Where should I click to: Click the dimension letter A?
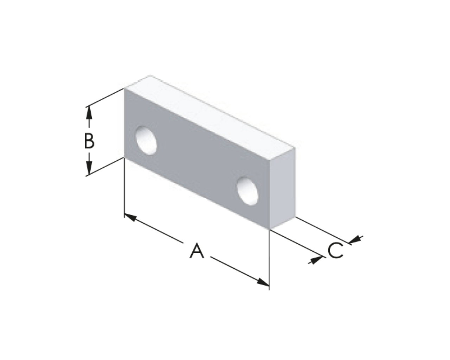click(197, 251)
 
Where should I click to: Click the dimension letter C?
click(335, 250)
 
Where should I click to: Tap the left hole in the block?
click(146, 140)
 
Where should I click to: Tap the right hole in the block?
click(247, 191)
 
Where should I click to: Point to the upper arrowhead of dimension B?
click(89, 112)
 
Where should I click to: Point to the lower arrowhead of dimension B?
click(89, 168)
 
